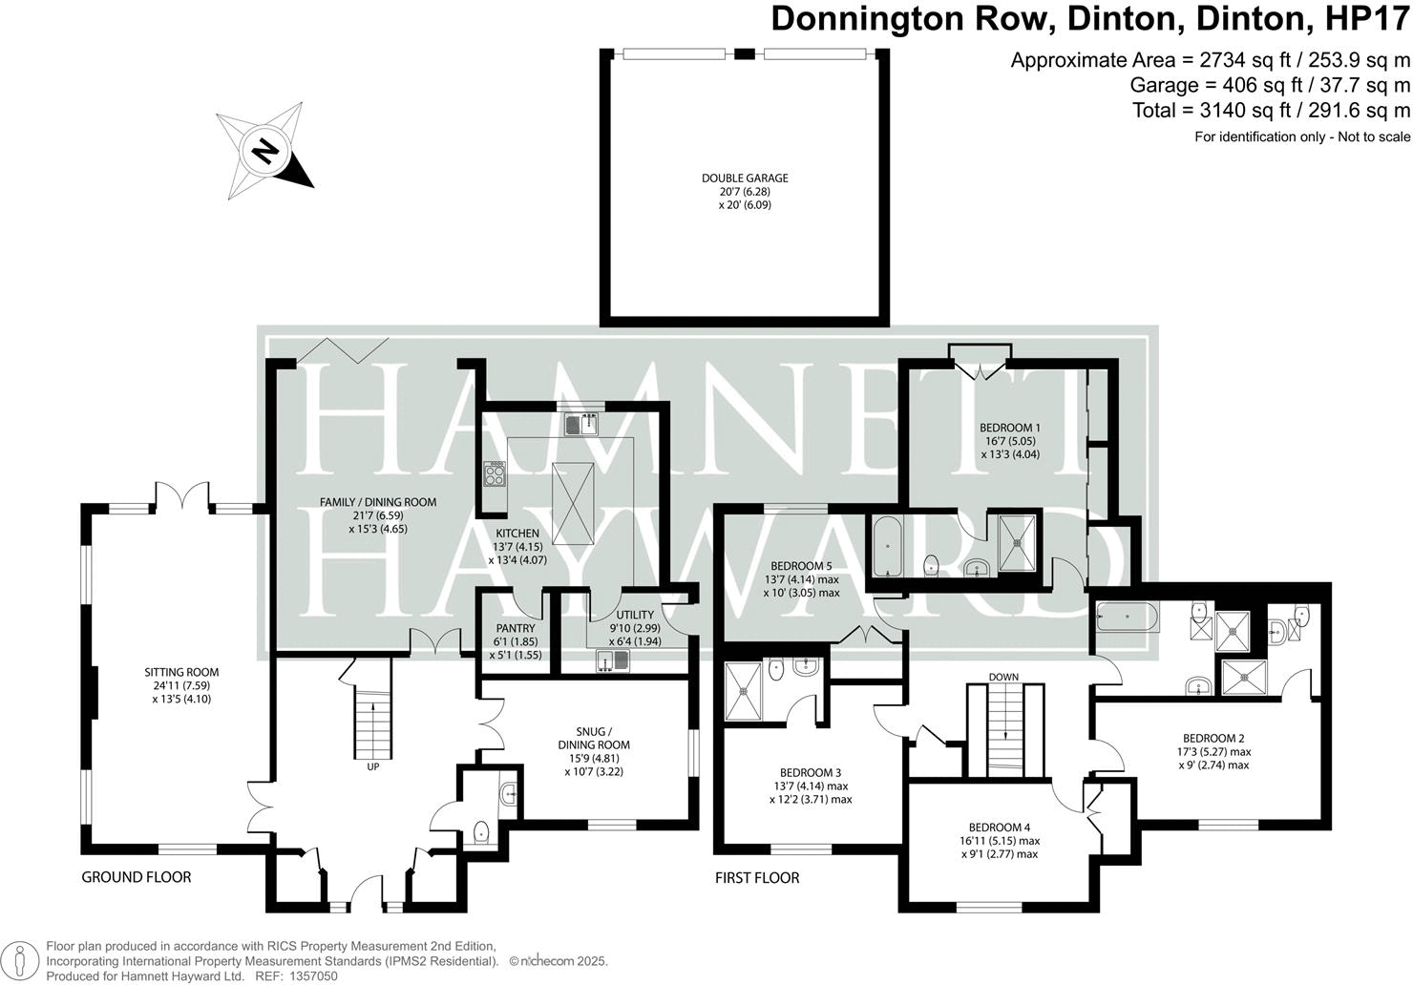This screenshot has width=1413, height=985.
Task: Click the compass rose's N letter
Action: [x=265, y=151]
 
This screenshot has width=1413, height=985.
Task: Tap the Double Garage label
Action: [x=745, y=191]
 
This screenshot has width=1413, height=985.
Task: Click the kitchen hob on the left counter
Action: [x=496, y=472]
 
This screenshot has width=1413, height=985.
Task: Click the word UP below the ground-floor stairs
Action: [x=372, y=766]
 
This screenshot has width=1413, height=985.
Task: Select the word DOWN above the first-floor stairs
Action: [x=1003, y=677]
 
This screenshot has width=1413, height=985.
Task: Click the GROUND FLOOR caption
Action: [x=137, y=877]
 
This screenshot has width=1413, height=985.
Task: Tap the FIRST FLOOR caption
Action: [x=757, y=877]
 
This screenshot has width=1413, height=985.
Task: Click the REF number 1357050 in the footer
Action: [x=312, y=976]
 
